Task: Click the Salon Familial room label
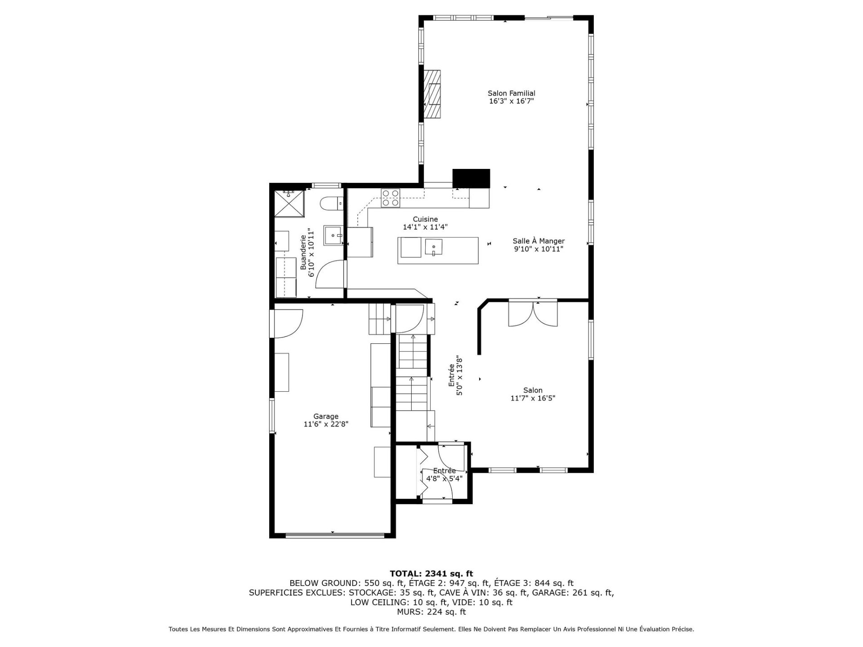click(512, 93)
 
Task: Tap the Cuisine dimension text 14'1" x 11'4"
click(425, 227)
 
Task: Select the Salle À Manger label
click(538, 241)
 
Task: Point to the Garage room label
click(326, 417)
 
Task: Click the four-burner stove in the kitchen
click(390, 198)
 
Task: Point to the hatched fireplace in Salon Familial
click(432, 94)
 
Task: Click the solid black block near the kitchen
click(471, 178)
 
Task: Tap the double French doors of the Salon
click(533, 313)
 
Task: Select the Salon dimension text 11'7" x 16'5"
click(533, 398)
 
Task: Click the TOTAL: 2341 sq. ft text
click(431, 573)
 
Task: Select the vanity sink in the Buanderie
click(334, 235)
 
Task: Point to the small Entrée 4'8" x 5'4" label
click(444, 474)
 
